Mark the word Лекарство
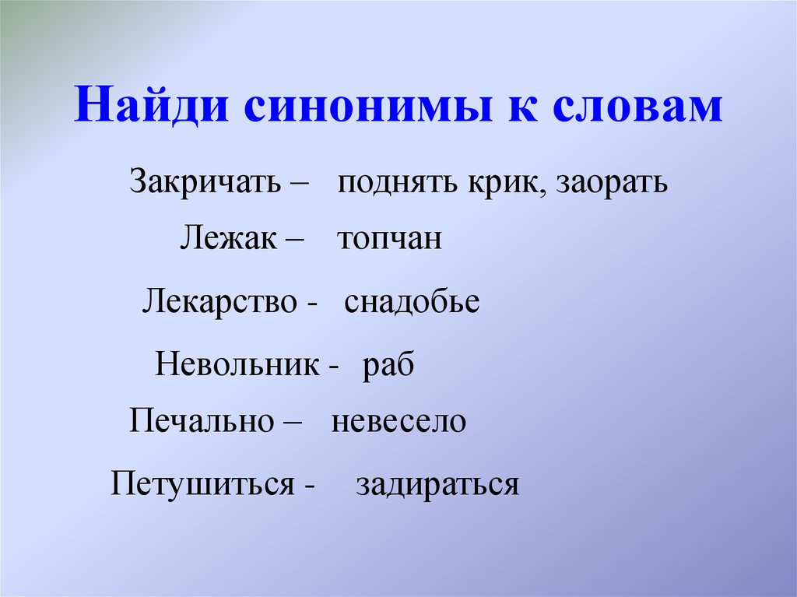coord(219,301)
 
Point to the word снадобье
coord(412,302)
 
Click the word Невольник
coord(237,363)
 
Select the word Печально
coord(202,421)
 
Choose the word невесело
coord(398,422)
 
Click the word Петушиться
coord(202,483)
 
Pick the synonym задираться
coord(437,484)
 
